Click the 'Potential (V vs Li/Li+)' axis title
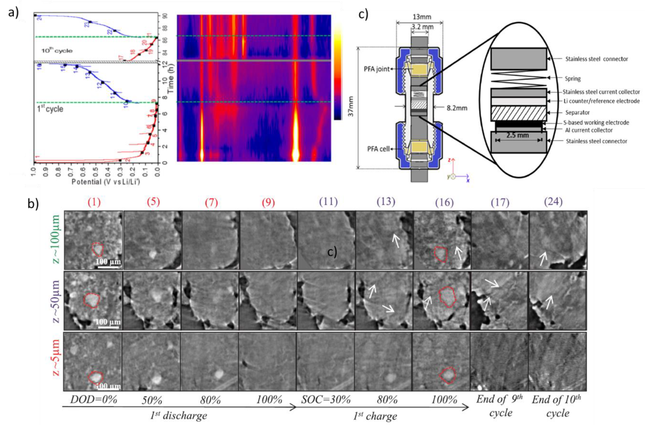click(106, 181)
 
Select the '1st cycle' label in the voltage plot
click(50, 109)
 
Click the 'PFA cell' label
click(378, 149)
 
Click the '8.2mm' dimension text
click(457, 108)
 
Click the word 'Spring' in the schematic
click(573, 79)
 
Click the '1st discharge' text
click(179, 416)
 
